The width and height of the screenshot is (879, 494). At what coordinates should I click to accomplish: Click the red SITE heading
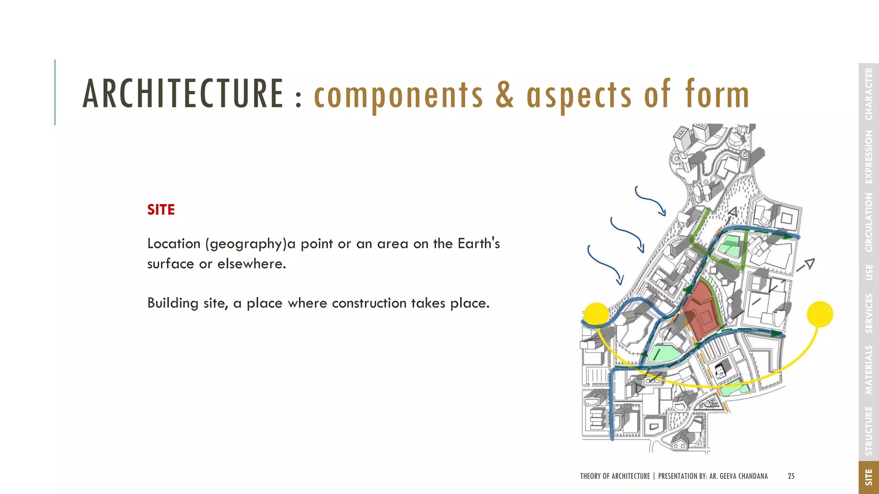point(161,210)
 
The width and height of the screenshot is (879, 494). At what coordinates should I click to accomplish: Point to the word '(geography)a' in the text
point(246,244)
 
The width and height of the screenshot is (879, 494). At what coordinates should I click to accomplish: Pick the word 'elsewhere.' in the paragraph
point(252,264)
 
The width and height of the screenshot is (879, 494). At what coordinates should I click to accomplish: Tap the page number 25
point(791,476)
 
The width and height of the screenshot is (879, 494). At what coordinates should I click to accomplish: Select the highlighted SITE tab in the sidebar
point(869,477)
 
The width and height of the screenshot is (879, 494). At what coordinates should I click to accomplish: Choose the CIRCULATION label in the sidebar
point(869,222)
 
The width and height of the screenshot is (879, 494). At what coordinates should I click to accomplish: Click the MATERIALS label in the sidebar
point(869,369)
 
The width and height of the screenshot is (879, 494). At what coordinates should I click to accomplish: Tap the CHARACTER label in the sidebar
point(869,94)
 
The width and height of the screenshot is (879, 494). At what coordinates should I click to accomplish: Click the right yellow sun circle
point(820,314)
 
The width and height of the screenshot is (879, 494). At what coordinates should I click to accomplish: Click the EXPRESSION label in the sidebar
point(869,157)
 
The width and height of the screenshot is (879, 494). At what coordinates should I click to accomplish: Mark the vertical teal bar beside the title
point(55,92)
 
